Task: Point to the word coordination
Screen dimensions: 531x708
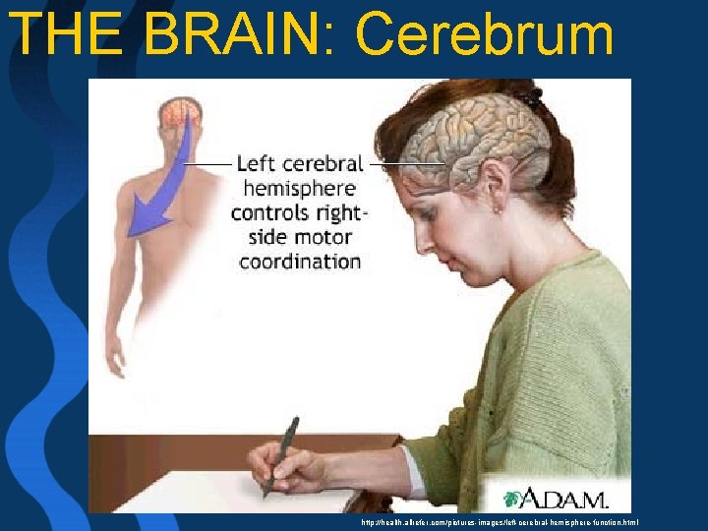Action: pos(300,262)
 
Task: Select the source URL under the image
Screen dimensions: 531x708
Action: pos(500,522)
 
